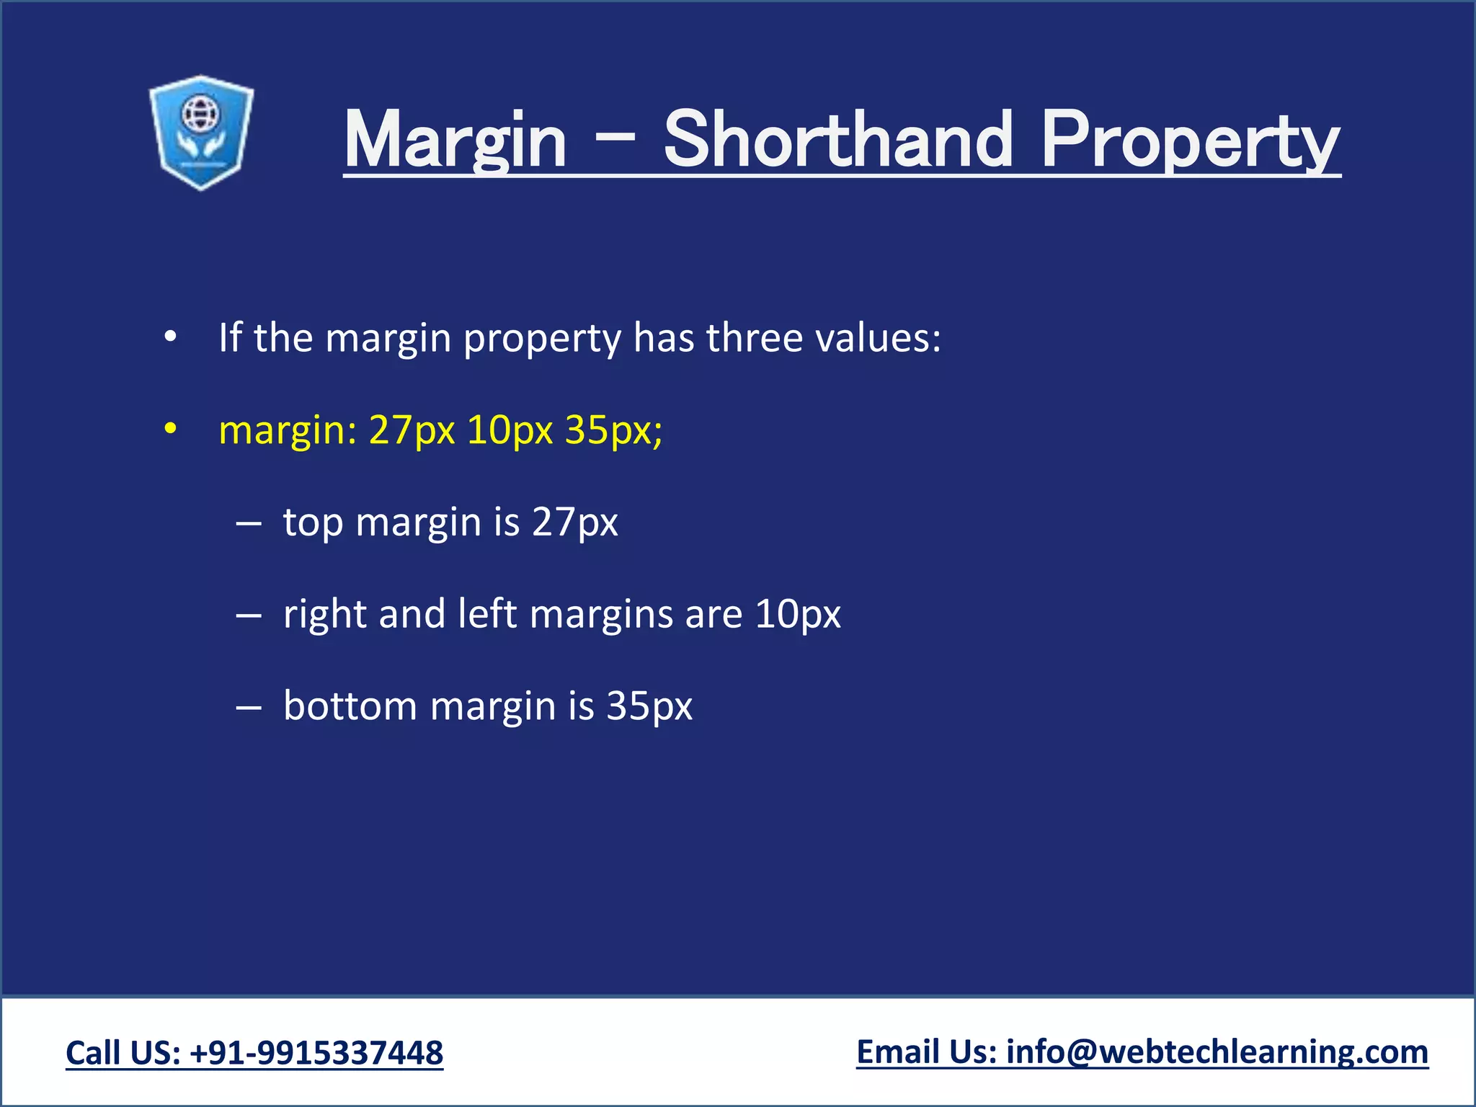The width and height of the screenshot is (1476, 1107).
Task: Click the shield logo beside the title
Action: (x=201, y=133)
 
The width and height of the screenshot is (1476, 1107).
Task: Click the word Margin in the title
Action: (x=455, y=140)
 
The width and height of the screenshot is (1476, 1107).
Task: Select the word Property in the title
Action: (x=1190, y=140)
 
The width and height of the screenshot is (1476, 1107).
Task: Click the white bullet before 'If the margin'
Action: (x=170, y=337)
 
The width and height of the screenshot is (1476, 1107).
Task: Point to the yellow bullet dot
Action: (x=170, y=429)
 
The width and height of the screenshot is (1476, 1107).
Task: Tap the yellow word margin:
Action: (x=288, y=431)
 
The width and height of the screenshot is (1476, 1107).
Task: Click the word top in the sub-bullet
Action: (x=313, y=523)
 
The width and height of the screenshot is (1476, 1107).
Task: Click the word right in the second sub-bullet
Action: (x=325, y=615)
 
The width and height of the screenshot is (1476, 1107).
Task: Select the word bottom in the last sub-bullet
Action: (x=350, y=706)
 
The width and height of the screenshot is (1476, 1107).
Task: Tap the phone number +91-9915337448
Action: (x=316, y=1053)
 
